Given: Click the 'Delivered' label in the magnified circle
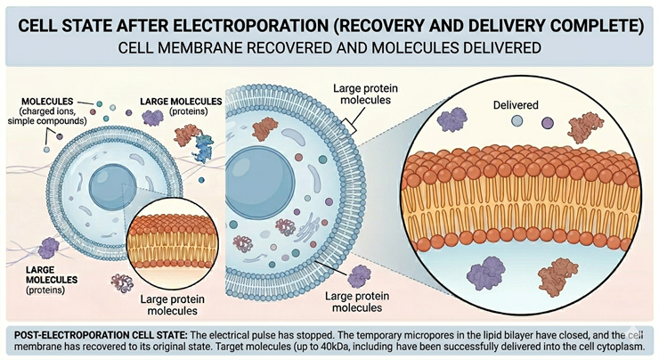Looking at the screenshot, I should (x=515, y=105).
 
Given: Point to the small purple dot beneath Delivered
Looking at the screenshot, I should (x=546, y=124).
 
